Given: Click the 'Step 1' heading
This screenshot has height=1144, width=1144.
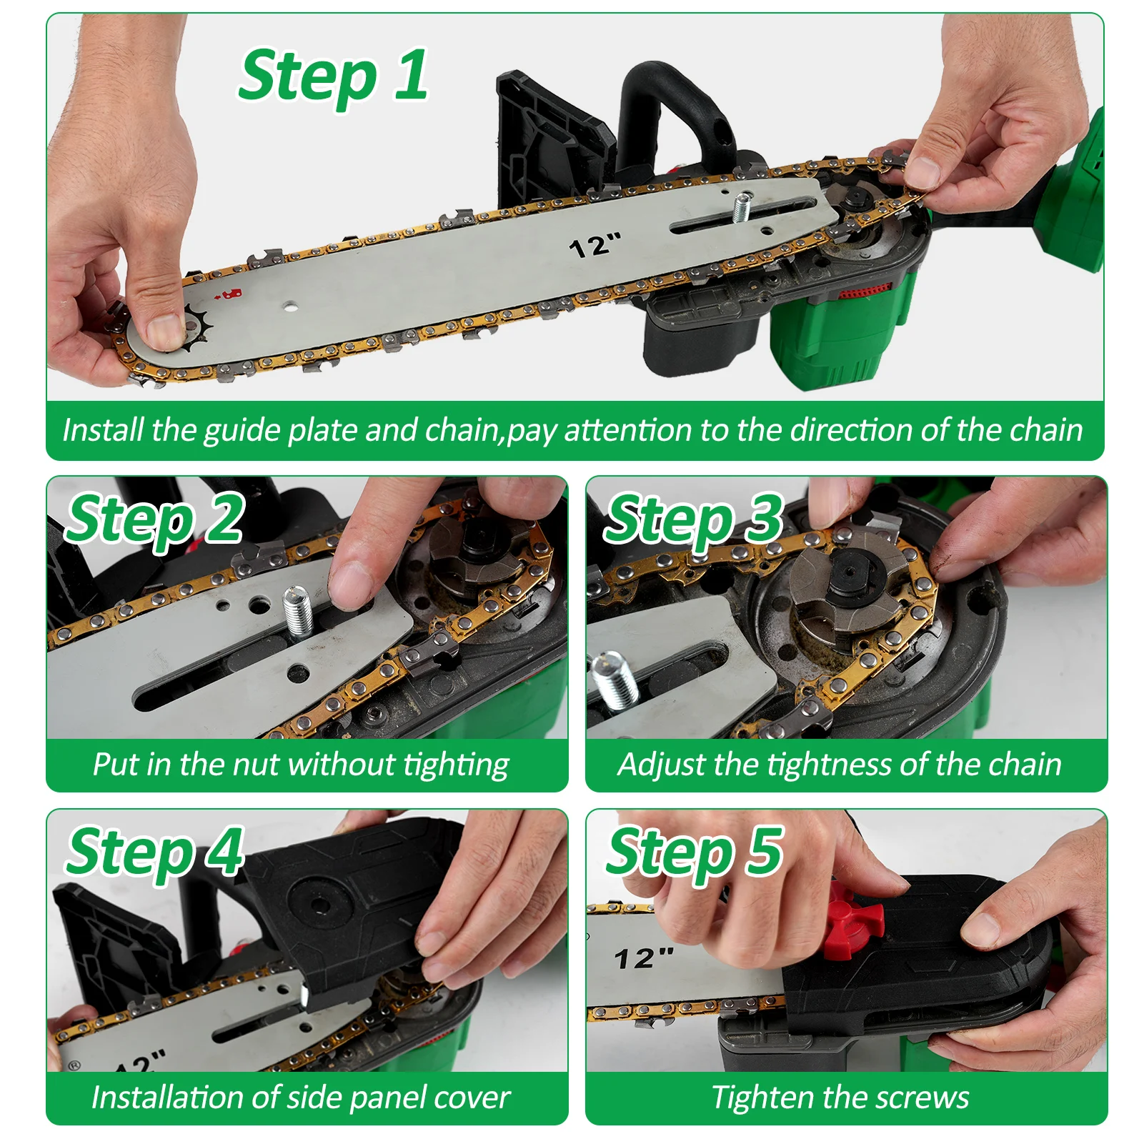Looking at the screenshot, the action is point(334,77).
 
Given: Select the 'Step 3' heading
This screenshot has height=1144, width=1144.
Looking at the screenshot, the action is point(694,519).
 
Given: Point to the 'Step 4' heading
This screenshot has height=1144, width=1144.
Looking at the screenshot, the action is point(155,853).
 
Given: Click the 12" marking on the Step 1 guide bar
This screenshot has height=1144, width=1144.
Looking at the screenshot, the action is point(595,245).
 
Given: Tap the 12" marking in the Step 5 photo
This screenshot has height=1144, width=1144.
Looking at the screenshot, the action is point(644,958).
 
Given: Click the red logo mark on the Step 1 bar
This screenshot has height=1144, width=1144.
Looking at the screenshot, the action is point(233,293).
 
